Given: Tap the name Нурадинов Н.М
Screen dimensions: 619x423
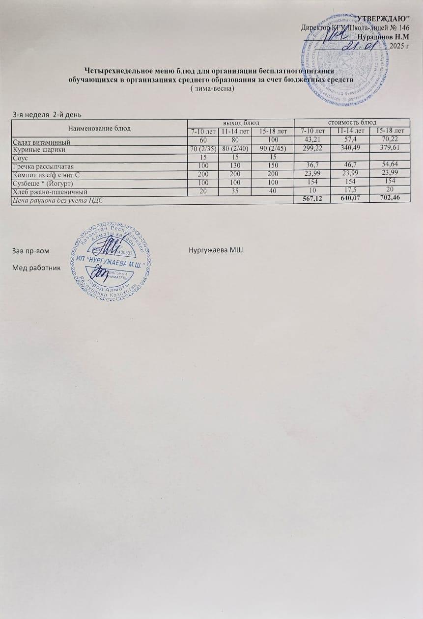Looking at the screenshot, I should [384, 37].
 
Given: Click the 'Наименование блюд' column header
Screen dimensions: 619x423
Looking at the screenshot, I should [101, 128].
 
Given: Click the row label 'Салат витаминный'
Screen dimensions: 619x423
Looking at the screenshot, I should [39, 141].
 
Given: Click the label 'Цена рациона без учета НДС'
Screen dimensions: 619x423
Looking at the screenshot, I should [58, 200].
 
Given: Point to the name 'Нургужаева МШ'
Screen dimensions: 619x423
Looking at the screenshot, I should [216, 251].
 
